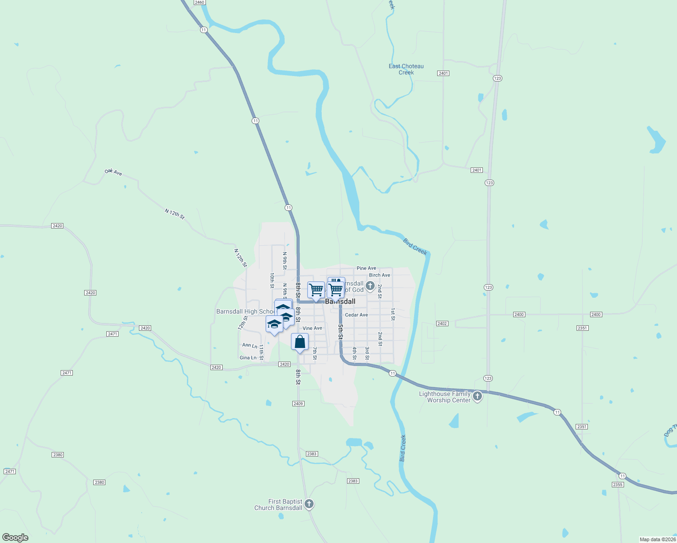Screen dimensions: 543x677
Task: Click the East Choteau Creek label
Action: pos(406,69)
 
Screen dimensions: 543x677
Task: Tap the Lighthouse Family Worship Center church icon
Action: pos(477,397)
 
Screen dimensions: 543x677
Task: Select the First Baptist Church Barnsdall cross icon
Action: pos(309,504)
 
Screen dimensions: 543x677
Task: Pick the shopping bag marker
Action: pos(300,342)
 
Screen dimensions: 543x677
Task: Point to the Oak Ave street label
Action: pos(113,172)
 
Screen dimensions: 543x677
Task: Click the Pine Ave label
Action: pos(366,268)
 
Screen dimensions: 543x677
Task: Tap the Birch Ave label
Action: pos(379,275)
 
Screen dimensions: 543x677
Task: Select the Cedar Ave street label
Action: pos(356,315)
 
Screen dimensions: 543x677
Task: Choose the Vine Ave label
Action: pos(312,329)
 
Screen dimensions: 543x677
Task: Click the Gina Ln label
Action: pos(248,358)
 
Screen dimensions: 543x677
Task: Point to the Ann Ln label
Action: pos(249,346)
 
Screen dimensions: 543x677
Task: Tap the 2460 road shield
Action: pos(200,2)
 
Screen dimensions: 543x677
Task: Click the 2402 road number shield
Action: pos(442,324)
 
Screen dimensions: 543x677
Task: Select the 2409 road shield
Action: pos(298,404)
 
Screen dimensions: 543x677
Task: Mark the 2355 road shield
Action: pos(618,485)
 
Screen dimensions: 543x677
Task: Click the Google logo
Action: pos(15,538)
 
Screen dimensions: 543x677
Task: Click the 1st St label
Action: pos(393,314)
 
